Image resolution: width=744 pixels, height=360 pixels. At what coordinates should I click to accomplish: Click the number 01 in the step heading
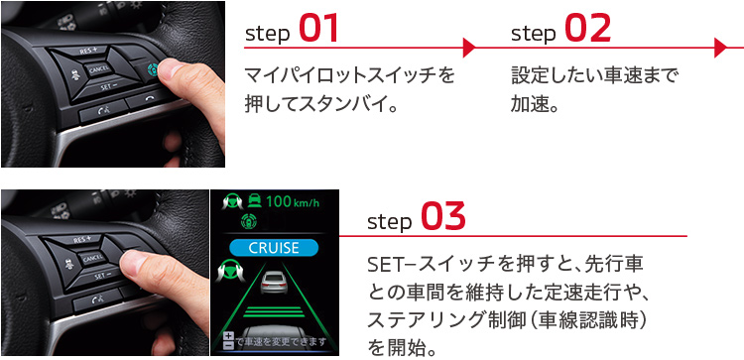(318, 30)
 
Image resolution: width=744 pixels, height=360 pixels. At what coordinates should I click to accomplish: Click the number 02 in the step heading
(587, 30)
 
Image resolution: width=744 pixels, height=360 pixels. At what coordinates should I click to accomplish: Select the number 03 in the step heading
(443, 216)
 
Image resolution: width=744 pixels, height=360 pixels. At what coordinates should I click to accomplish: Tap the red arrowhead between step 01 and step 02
(470, 47)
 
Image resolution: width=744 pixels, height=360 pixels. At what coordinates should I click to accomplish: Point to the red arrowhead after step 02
(722, 47)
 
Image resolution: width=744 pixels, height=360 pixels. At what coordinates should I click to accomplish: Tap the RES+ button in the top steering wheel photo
(95, 52)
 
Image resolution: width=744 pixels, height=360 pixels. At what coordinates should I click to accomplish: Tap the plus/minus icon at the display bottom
(228, 340)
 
